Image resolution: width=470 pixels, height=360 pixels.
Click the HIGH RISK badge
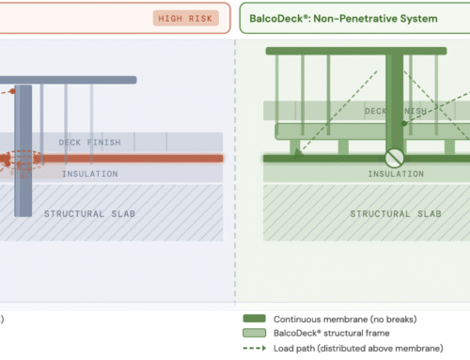pyautogui.click(x=185, y=18)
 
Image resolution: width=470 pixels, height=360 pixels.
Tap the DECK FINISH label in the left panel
pyautogui.click(x=89, y=142)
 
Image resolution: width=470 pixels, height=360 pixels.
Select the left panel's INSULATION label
pyautogui.click(x=90, y=174)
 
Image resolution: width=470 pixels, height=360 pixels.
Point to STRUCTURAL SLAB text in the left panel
pyautogui.click(x=89, y=213)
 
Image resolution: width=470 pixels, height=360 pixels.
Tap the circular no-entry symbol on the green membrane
pyautogui.click(x=395, y=158)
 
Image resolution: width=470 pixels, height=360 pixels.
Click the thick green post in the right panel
pyautogui.click(x=394, y=103)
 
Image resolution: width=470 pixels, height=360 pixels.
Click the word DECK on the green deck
pyautogui.click(x=377, y=111)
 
